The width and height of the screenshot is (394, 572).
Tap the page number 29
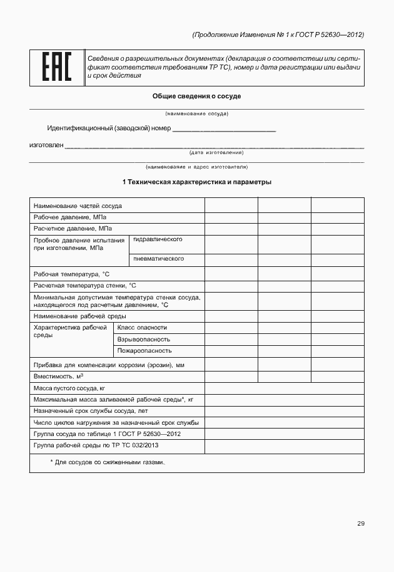(361, 524)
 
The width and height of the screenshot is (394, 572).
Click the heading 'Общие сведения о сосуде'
(197, 96)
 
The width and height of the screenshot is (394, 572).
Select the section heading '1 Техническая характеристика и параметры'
(197, 182)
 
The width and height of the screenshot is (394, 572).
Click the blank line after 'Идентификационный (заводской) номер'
(224, 129)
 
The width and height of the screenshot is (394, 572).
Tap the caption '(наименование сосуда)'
(197, 113)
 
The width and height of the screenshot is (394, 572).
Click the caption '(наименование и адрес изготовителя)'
(197, 167)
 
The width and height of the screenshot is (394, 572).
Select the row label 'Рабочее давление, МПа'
(70, 217)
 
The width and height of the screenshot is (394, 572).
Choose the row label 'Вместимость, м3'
(58, 377)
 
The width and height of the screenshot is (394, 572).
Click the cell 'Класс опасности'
(142, 327)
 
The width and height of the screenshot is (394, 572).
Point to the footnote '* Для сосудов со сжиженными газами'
(108, 462)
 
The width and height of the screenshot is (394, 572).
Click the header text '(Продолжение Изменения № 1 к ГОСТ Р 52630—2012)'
(278, 34)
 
